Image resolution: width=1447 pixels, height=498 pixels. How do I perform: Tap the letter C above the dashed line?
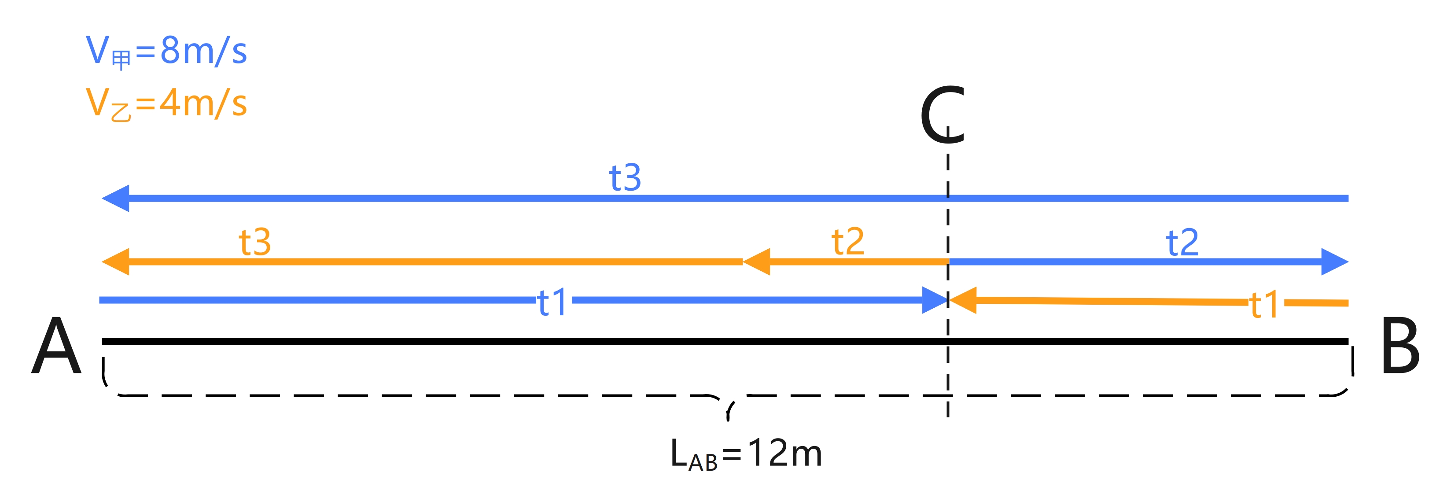click(x=942, y=115)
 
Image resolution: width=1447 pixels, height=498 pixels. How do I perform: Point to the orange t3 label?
click(x=254, y=242)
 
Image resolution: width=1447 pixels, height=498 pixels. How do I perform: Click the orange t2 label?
click(x=847, y=242)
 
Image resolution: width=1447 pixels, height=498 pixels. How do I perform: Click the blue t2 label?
click(x=1182, y=242)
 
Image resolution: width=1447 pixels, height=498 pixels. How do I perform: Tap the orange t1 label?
click(x=1264, y=305)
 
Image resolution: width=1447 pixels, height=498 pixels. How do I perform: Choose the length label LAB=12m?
click(x=746, y=454)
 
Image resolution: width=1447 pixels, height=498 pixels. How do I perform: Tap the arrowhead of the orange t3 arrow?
click(x=116, y=262)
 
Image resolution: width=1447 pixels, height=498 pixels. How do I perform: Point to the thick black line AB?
click(x=562, y=341)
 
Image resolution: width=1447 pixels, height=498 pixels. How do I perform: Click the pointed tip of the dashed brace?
click(x=728, y=418)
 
